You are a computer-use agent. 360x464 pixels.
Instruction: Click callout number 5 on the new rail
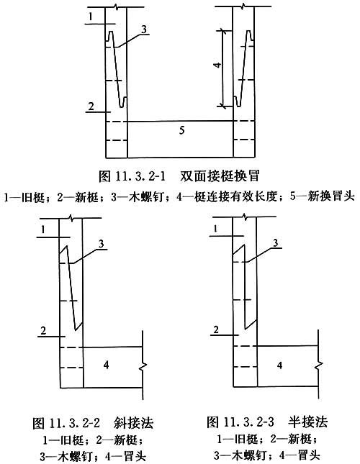click(x=182, y=130)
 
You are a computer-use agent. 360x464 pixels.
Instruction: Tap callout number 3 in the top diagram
click(x=144, y=29)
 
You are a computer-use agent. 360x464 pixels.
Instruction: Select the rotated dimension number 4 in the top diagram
click(x=217, y=65)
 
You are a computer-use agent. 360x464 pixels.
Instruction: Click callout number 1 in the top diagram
click(x=91, y=17)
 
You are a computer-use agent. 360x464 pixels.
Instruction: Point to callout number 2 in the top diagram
click(x=91, y=106)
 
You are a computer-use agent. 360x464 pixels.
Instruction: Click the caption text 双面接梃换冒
click(x=220, y=176)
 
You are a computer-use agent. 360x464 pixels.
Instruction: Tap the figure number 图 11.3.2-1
click(x=132, y=176)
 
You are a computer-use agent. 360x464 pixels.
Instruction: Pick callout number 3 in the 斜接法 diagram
click(x=102, y=244)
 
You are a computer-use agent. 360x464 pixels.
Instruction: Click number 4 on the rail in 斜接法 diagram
click(x=106, y=365)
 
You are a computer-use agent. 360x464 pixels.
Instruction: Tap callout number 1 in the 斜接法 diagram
click(x=43, y=229)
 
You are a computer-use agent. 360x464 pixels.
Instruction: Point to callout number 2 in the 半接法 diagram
click(x=216, y=329)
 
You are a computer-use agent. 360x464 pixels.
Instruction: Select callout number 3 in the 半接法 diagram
click(x=276, y=243)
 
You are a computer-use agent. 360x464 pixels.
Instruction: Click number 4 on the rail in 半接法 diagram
click(x=280, y=365)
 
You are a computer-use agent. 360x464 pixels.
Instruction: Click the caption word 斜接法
click(x=133, y=422)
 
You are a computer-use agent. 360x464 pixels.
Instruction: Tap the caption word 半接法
click(x=308, y=422)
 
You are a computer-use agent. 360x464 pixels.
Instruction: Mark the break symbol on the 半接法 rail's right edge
click(x=318, y=365)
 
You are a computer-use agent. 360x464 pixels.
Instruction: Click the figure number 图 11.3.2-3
click(x=240, y=422)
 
